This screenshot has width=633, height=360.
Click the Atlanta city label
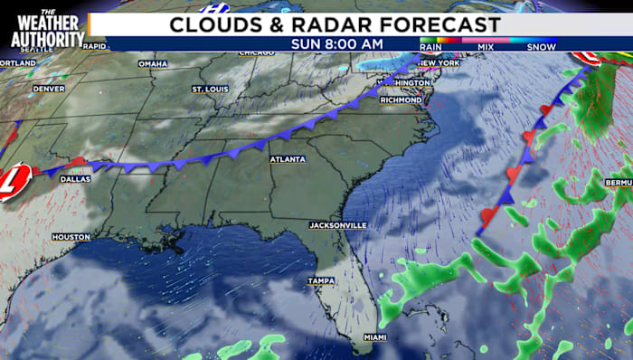click(287, 159)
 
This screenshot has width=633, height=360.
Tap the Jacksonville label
click(336, 223)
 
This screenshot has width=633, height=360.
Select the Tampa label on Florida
click(320, 280)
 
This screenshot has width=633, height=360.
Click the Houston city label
click(71, 237)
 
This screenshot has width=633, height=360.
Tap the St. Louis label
click(210, 89)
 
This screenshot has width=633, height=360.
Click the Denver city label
click(48, 89)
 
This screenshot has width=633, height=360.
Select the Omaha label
click(154, 63)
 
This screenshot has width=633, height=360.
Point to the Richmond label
click(402, 99)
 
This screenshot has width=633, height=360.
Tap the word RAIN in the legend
click(430, 46)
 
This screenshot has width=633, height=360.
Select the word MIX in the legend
click(486, 46)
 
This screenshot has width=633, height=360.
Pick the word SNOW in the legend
click(541, 46)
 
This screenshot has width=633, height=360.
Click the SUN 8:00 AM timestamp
click(336, 43)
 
